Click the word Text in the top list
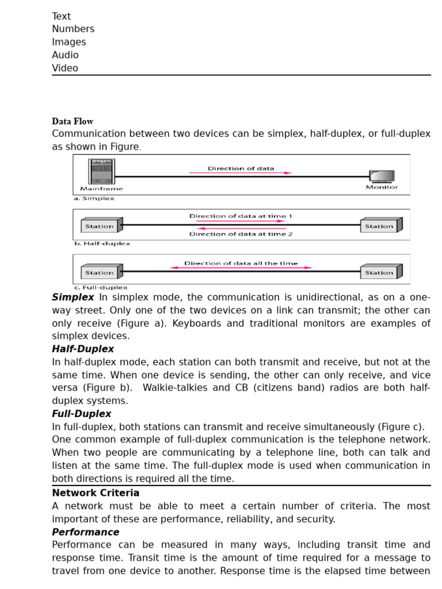tap(62, 16)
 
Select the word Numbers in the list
tap(73, 29)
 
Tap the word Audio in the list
tap(65, 55)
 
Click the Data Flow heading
tap(73, 121)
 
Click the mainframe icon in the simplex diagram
tap(101, 171)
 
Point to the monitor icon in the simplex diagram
tap(382, 176)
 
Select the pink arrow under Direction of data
tap(241, 173)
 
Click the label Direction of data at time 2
tap(241, 234)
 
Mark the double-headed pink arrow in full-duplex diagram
tap(241, 268)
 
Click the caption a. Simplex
tap(94, 198)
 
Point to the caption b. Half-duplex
tap(101, 243)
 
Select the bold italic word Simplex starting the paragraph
tap(73, 297)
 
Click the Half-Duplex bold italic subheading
tap(83, 349)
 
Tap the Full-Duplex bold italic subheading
tap(82, 414)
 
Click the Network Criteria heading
tap(96, 493)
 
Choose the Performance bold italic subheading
tap(86, 532)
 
